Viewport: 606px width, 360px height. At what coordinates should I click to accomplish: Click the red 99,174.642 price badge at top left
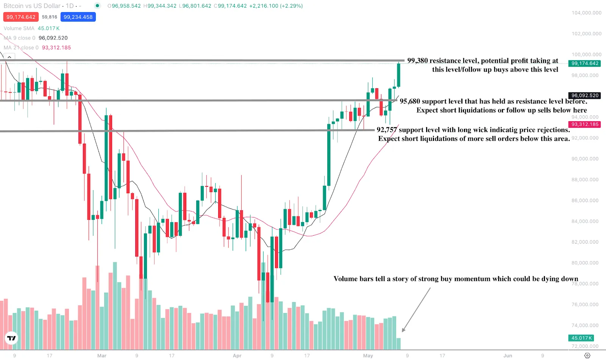[x=21, y=17]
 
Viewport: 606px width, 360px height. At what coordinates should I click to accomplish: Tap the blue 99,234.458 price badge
[x=78, y=17]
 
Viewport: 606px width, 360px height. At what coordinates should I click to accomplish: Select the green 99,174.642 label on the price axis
[x=585, y=63]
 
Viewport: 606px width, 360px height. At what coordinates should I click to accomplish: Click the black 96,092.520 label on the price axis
[x=585, y=95]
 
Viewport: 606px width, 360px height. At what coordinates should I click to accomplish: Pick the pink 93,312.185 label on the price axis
[x=585, y=124]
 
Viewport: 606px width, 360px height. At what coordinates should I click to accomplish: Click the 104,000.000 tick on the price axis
[x=586, y=13]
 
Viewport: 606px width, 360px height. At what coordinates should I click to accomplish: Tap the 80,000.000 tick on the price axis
[x=585, y=263]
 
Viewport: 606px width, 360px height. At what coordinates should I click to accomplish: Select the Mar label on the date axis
[x=102, y=355]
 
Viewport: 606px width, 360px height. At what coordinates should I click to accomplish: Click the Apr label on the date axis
[x=237, y=355]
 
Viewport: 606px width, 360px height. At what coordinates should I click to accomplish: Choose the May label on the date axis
[x=368, y=355]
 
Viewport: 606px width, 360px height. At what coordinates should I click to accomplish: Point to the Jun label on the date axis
[x=508, y=355]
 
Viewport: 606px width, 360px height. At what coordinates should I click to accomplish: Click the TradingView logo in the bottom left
[x=12, y=338]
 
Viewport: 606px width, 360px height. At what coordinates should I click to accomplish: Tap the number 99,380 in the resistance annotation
[x=417, y=61]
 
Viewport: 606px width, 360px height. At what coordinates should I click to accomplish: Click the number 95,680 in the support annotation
[x=410, y=101]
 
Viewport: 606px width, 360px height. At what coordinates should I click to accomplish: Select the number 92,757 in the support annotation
[x=387, y=130]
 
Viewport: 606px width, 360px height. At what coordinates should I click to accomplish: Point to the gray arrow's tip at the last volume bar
[x=402, y=332]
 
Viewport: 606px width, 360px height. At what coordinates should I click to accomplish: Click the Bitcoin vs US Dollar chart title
[x=32, y=6]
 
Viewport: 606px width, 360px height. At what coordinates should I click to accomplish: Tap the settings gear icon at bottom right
[x=587, y=355]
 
